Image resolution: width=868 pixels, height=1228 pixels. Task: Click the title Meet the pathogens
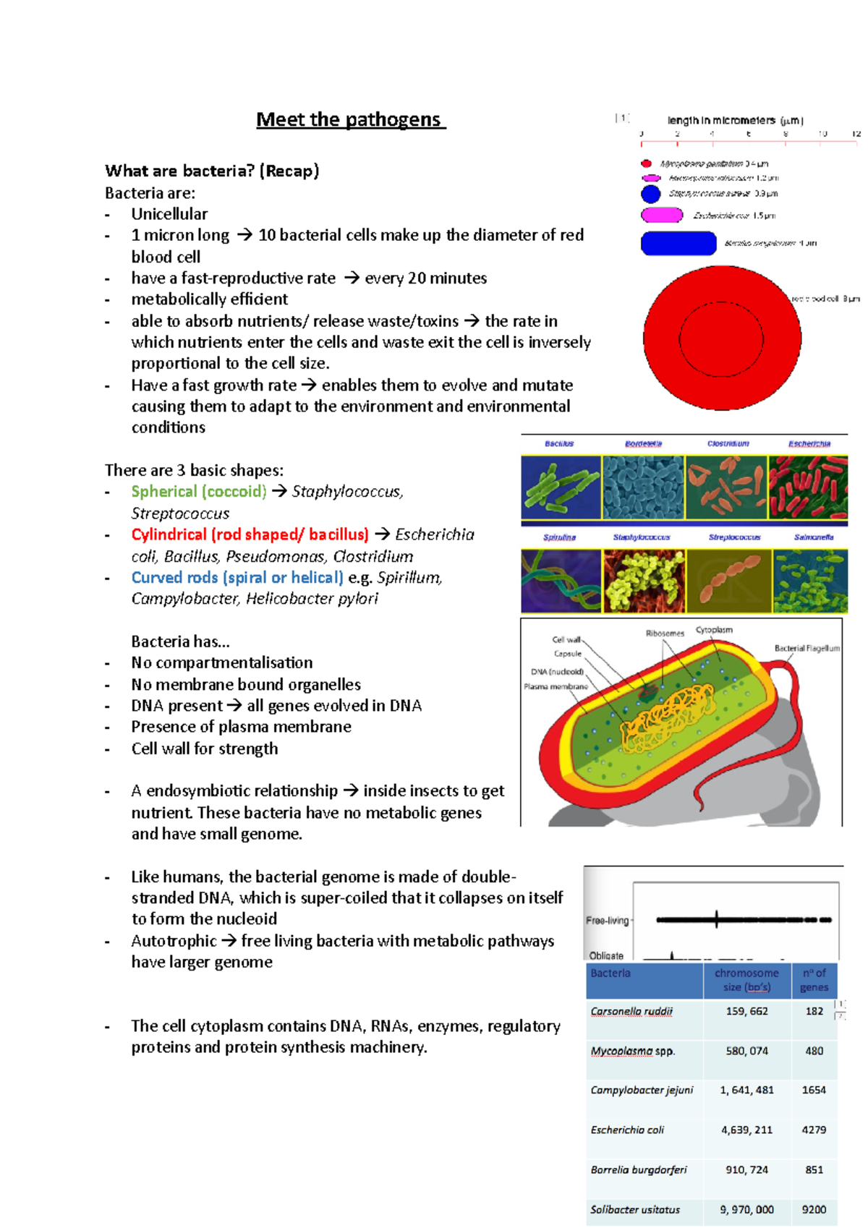tap(351, 119)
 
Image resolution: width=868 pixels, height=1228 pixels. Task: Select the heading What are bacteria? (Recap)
tap(212, 171)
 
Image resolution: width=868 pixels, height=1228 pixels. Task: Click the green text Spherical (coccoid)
tap(199, 492)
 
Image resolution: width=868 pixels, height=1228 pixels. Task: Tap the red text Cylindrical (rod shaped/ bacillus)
tap(250, 534)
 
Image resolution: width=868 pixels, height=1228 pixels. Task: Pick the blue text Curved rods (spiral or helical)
tap(237, 578)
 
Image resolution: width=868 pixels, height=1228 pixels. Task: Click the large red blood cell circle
tap(722, 337)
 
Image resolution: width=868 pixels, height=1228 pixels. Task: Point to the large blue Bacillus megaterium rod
tap(678, 244)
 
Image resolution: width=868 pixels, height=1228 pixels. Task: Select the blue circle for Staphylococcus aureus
tap(650, 194)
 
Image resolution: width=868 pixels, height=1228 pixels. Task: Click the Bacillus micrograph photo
tap(561, 487)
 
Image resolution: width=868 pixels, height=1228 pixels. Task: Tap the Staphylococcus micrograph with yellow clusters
tap(643, 581)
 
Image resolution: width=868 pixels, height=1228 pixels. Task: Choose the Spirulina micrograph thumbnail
tap(561, 581)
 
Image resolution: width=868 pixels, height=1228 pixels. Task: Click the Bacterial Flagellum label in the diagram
tap(807, 649)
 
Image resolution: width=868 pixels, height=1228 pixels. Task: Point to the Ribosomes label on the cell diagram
tap(665, 634)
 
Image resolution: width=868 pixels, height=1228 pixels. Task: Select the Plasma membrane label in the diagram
tap(556, 686)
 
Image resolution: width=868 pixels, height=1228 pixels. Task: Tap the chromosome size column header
tap(746, 980)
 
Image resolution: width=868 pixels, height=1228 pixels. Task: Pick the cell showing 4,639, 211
tap(746, 1130)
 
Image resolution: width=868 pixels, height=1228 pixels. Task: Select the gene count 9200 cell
tap(814, 1209)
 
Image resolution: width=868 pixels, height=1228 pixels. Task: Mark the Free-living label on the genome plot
tap(607, 921)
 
